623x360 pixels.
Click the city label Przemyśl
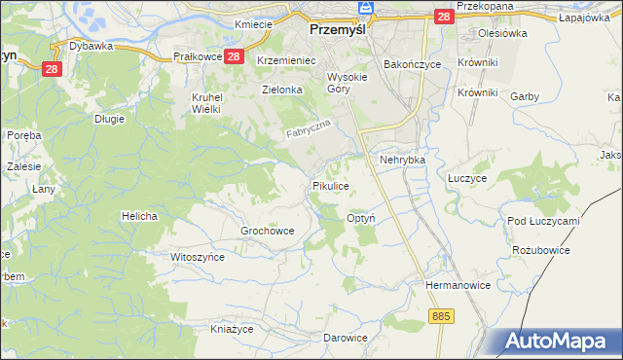click(x=336, y=29)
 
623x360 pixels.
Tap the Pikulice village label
click(x=330, y=185)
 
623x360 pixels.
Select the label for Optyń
click(x=364, y=219)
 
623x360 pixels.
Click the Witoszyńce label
click(x=198, y=257)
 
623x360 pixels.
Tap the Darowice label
click(x=346, y=338)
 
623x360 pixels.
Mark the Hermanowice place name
click(x=455, y=286)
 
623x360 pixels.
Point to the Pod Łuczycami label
click(x=543, y=221)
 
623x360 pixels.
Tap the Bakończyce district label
click(x=412, y=63)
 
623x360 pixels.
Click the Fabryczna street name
click(x=309, y=128)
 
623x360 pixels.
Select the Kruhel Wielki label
click(x=206, y=102)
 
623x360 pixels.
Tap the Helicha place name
click(x=139, y=215)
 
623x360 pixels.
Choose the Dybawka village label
click(x=92, y=45)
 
